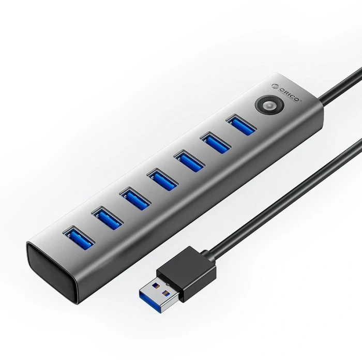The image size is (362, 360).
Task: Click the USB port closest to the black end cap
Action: (78, 237)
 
